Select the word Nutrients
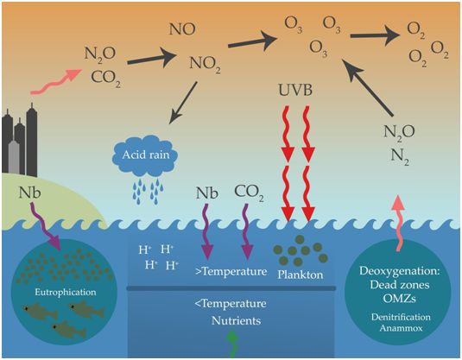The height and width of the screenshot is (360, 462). point(231,322)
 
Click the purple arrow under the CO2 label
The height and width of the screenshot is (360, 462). point(248,233)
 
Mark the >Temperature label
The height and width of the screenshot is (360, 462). point(231,270)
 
